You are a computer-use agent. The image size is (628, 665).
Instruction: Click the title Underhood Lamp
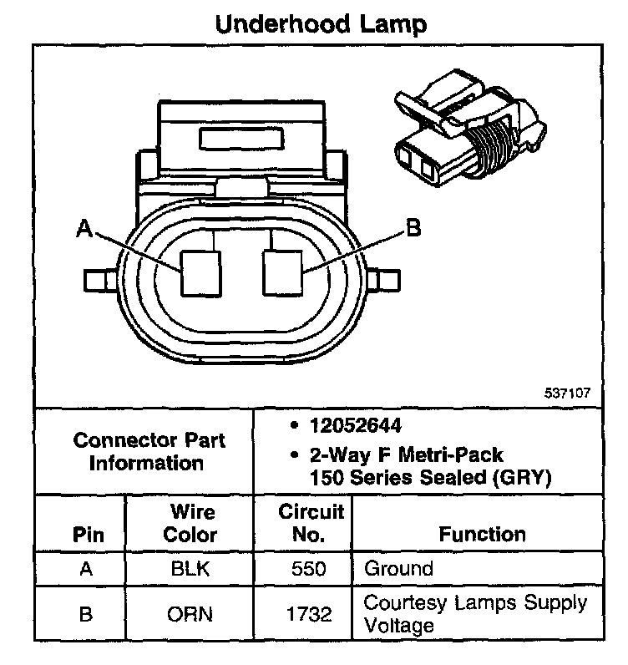click(321, 23)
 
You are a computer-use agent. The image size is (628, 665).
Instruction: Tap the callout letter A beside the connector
click(84, 228)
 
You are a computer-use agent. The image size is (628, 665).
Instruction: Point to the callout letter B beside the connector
click(411, 228)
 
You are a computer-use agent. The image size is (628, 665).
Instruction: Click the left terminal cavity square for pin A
click(201, 272)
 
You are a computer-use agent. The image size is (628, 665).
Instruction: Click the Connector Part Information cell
click(148, 451)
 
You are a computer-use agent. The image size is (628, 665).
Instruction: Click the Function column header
click(482, 534)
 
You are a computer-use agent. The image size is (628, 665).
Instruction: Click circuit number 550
click(310, 570)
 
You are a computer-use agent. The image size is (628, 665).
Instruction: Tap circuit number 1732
click(310, 614)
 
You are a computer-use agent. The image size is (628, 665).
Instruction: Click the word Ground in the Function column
click(398, 570)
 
